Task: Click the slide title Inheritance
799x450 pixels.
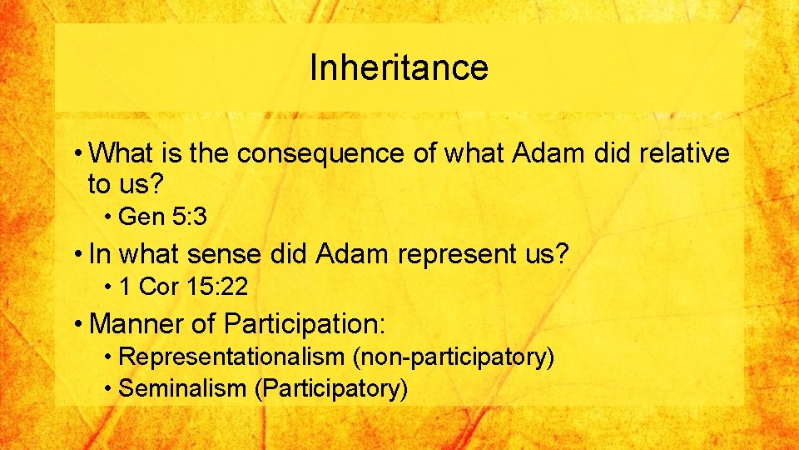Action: click(x=399, y=67)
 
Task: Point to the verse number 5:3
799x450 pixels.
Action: click(x=189, y=217)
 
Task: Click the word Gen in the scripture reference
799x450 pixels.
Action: click(x=141, y=217)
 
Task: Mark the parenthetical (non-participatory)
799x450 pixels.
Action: click(x=454, y=357)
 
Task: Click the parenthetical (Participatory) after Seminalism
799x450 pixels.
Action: click(x=331, y=387)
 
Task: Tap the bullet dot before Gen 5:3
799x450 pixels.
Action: click(x=110, y=217)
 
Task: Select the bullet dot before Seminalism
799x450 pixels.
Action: click(x=110, y=387)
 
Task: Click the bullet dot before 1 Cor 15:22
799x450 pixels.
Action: click(x=110, y=287)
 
